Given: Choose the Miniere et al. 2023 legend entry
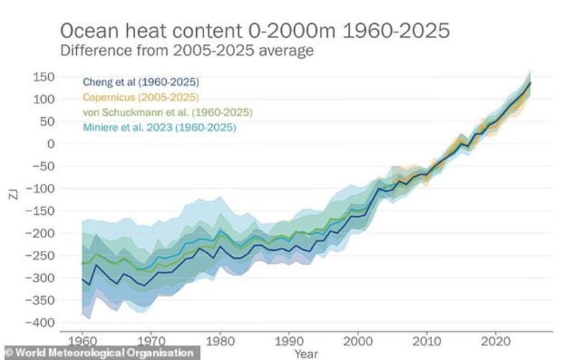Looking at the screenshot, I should (x=159, y=128).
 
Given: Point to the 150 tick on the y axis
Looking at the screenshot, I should (x=46, y=76).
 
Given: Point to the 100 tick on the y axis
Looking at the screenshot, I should (x=46, y=98).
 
